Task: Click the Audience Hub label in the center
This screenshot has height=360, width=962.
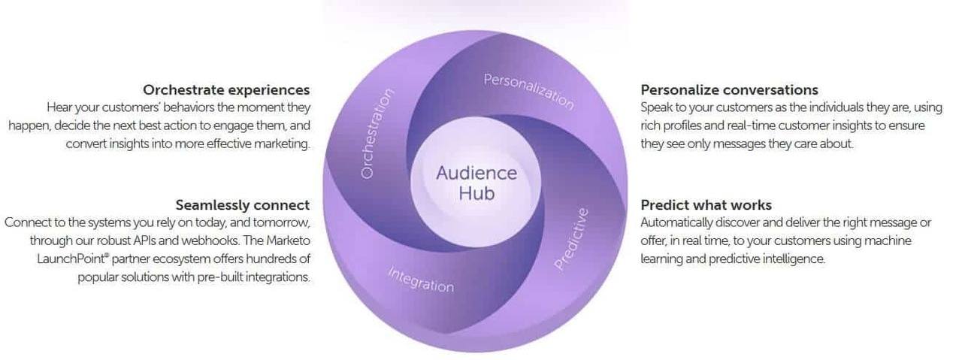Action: point(476,182)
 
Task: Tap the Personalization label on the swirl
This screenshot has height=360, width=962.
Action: point(528,91)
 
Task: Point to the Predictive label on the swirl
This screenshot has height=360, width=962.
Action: point(572,238)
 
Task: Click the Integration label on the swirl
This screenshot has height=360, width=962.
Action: point(420,279)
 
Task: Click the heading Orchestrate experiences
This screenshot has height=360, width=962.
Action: point(226,90)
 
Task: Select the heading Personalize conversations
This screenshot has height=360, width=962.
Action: point(729,90)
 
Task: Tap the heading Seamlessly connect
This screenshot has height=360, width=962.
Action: point(242,204)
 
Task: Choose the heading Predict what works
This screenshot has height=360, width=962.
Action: point(706,204)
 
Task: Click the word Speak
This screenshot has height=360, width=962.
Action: point(657,108)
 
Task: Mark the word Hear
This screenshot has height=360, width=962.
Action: point(59,108)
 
